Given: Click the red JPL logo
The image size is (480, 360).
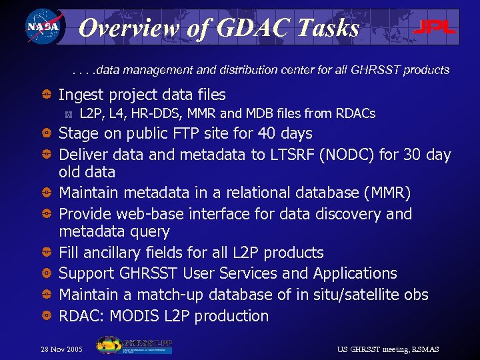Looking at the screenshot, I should pyautogui.click(x=434, y=27).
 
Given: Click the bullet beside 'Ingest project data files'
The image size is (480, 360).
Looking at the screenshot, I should pyautogui.click(x=49, y=95).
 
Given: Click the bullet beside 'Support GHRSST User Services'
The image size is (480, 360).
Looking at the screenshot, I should pyautogui.click(x=49, y=274).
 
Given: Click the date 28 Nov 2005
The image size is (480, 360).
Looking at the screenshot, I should pyautogui.click(x=62, y=349).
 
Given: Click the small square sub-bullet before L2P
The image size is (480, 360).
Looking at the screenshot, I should pyautogui.click(x=69, y=114).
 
